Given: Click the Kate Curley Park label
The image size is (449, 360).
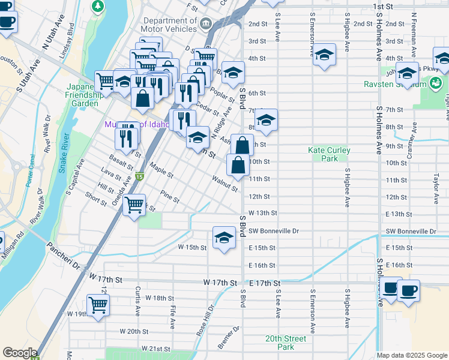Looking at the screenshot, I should [x=328, y=154].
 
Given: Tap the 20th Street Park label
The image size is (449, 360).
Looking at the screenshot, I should [x=286, y=343].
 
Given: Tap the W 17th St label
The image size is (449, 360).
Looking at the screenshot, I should [x=105, y=279].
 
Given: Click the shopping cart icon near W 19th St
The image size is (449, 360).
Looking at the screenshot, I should [x=98, y=304].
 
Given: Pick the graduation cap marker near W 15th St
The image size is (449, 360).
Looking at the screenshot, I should [x=224, y=236].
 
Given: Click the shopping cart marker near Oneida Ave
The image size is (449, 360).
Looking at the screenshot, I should [x=134, y=205].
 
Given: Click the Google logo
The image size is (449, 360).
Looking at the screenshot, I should [x=20, y=353].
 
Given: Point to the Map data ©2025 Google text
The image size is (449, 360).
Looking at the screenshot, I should [x=412, y=355].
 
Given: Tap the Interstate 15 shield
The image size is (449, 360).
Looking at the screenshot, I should [x=139, y=177].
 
